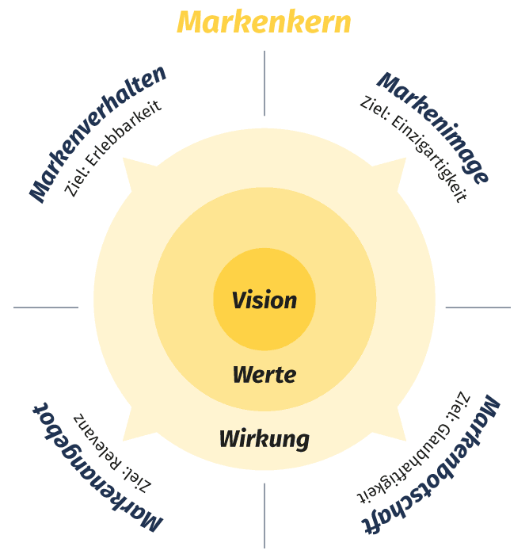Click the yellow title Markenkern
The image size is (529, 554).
pos(264,22)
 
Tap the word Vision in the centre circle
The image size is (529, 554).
pos(264,301)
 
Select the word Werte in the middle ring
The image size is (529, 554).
pos(264,374)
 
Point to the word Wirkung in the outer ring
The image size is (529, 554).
pos(264,438)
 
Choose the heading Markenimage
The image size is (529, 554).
pos(433,128)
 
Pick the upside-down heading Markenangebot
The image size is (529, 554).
pos(97,468)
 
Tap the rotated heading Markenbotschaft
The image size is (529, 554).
pos(432,464)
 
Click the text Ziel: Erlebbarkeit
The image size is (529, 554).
pos(113,149)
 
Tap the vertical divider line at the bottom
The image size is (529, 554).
pos(264,515)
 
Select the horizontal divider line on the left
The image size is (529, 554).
pos(46,308)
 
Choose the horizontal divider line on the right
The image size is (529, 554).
pos(478,308)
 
